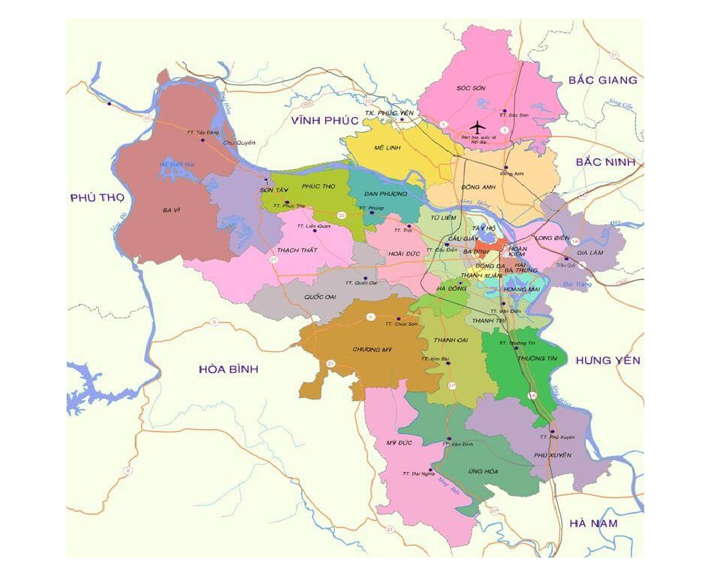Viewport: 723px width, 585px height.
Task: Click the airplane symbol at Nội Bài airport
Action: pos(478,127)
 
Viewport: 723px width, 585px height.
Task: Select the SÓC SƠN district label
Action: pos(452,88)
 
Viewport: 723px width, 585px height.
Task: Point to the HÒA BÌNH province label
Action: pos(228,369)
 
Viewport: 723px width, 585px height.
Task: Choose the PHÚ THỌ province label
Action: pos(97,198)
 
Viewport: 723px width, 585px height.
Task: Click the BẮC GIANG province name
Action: pos(603,80)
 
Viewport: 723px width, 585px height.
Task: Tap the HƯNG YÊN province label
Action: pos(608,360)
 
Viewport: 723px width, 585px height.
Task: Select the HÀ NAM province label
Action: pos(594,523)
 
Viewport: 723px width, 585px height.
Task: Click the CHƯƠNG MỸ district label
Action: pos(372,350)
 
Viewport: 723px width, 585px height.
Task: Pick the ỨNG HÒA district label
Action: pos(483,471)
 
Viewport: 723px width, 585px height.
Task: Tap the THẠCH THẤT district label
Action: pos(297,250)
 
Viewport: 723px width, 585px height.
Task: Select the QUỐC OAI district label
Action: pos(320,297)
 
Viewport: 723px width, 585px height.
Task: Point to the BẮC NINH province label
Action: pos(605,162)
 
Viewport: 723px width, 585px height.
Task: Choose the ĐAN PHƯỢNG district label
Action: pos(386,194)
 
